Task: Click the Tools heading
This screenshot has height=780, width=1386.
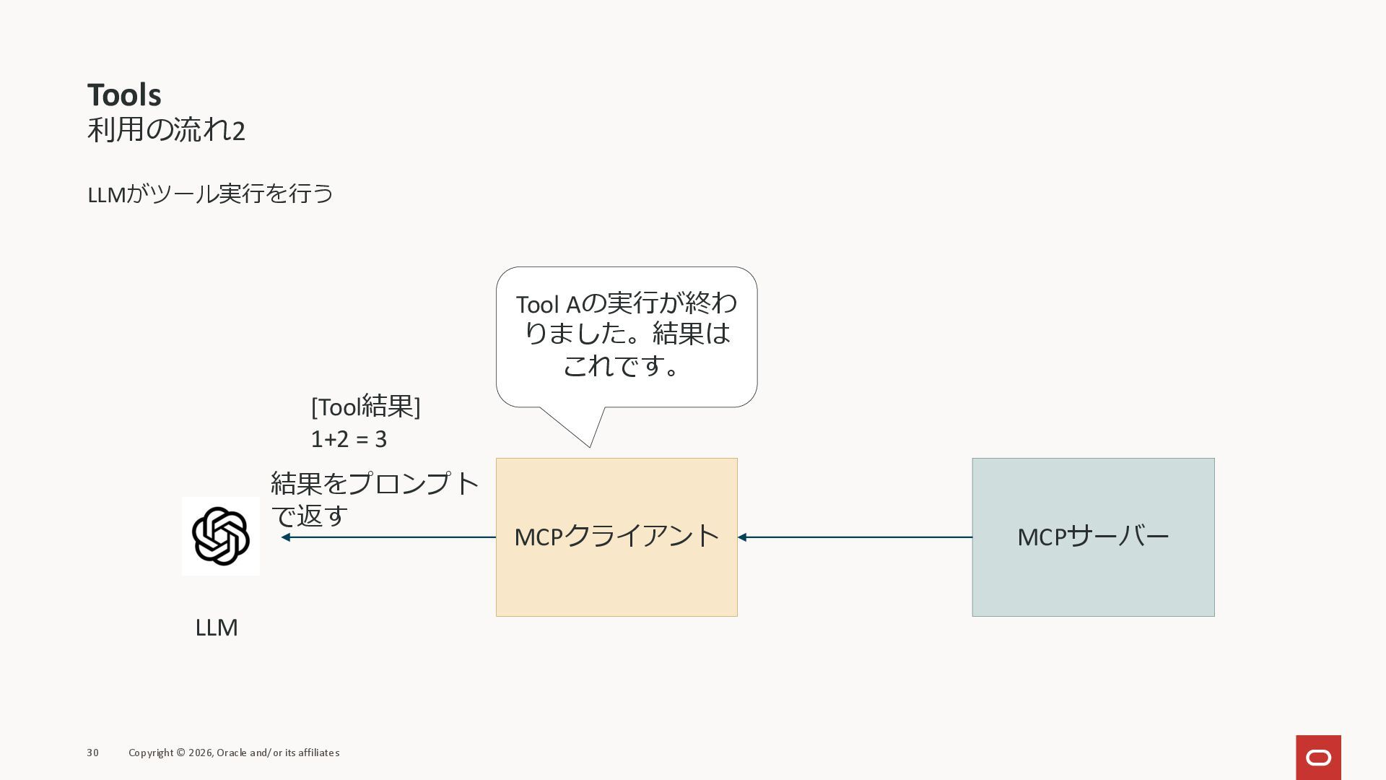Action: pyautogui.click(x=124, y=95)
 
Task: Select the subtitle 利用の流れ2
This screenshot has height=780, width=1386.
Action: pyautogui.click(x=166, y=130)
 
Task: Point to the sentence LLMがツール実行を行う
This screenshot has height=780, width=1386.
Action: pyautogui.click(x=210, y=194)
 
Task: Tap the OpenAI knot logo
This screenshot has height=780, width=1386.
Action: pyautogui.click(x=221, y=536)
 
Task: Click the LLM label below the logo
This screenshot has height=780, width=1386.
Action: pyautogui.click(x=217, y=627)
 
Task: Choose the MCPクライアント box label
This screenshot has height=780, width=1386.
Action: pyautogui.click(x=616, y=537)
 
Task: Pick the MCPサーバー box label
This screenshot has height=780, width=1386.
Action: pyautogui.click(x=1093, y=537)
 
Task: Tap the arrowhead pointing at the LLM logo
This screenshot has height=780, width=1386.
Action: pyautogui.click(x=286, y=537)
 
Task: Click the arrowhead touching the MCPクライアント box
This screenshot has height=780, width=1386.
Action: pyautogui.click(x=742, y=537)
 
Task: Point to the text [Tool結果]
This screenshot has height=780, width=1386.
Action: pyautogui.click(x=365, y=407)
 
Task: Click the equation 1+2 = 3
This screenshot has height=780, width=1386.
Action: pyautogui.click(x=349, y=439)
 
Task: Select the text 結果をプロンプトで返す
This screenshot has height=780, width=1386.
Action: pyautogui.click(x=374, y=498)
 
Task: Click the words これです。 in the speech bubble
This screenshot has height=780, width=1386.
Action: pyautogui.click(x=622, y=365)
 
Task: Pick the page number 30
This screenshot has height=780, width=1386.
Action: pyautogui.click(x=93, y=753)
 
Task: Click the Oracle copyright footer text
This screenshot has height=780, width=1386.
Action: pyautogui.click(x=234, y=753)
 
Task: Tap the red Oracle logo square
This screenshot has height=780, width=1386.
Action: pyautogui.click(x=1318, y=757)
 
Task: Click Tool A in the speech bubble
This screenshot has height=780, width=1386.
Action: pyautogui.click(x=548, y=305)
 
